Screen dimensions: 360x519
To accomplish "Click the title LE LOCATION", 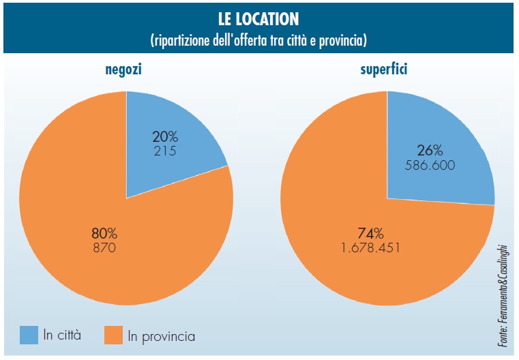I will [259, 18].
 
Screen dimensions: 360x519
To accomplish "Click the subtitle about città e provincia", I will [259, 40].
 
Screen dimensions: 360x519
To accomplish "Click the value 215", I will [164, 151].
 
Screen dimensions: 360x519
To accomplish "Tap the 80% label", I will [104, 233].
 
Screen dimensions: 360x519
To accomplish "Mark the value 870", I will [104, 248].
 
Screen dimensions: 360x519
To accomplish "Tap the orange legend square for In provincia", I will [113, 335].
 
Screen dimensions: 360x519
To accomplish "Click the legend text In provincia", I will [162, 336].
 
